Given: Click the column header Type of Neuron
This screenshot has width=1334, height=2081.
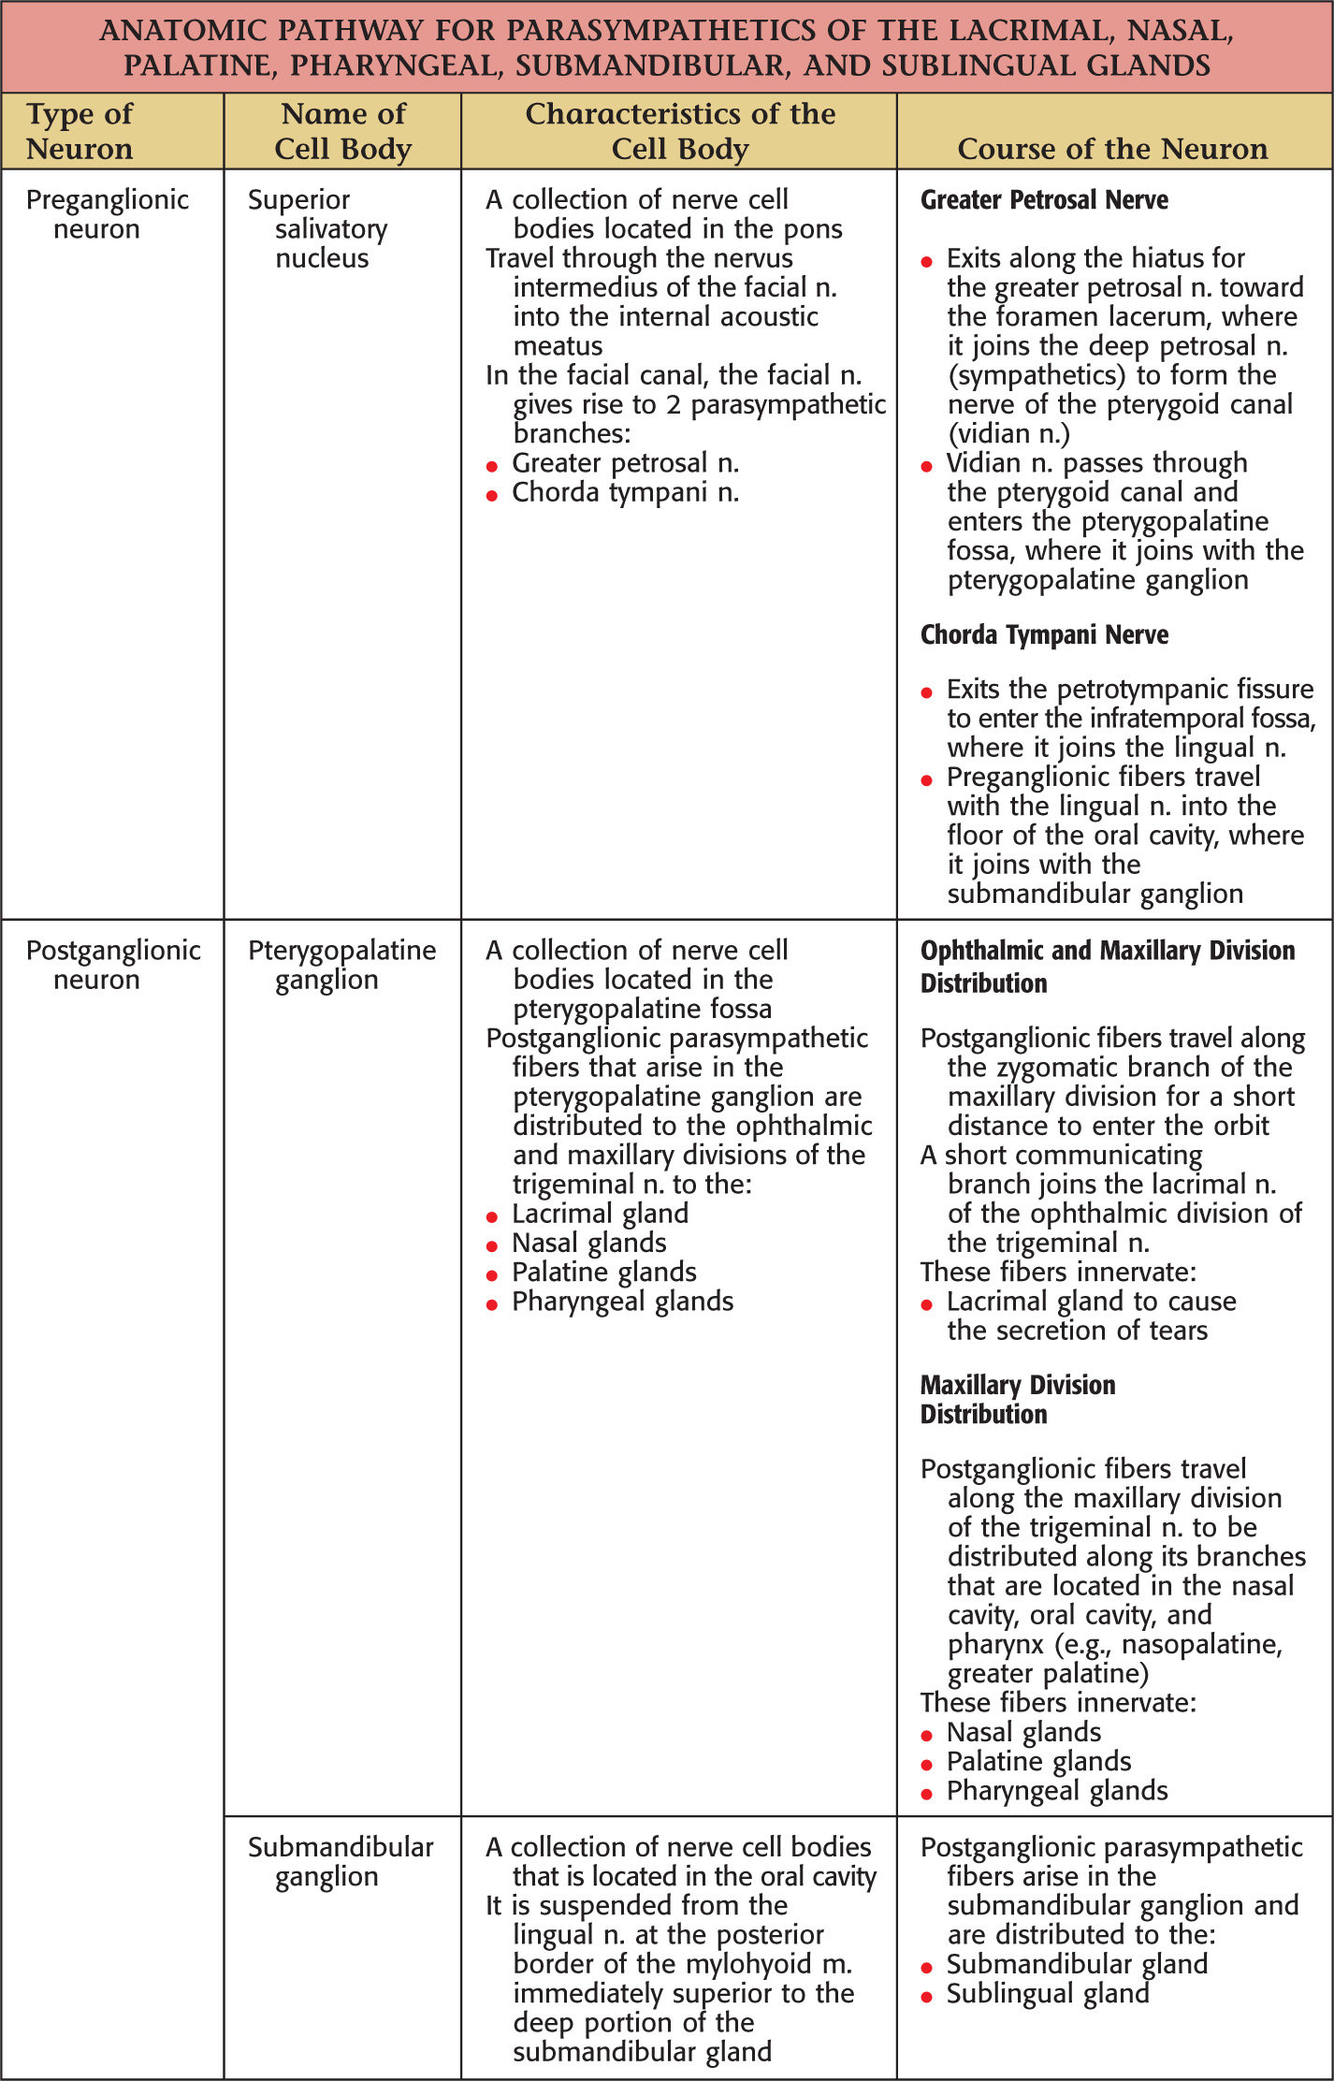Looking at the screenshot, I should tap(80, 131).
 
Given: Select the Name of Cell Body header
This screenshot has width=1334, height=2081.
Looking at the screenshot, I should tap(343, 131).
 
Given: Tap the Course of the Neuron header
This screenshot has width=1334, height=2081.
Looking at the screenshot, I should tap(1112, 148).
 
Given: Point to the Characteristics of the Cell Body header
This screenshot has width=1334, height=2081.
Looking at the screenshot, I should tap(680, 131).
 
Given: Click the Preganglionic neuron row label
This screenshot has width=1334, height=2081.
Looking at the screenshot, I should tap(107, 214).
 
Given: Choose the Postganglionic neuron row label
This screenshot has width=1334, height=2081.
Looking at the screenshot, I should tap(112, 965).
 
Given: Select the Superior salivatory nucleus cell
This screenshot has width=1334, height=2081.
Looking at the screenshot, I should tap(318, 228).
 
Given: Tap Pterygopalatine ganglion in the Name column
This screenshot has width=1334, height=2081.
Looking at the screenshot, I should tap(341, 965).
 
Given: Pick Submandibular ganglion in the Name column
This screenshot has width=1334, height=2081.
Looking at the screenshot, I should tap(340, 1861).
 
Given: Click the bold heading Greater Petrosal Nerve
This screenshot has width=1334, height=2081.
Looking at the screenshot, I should tap(1044, 200).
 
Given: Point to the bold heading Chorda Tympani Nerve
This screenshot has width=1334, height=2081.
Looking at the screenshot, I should tap(1044, 634).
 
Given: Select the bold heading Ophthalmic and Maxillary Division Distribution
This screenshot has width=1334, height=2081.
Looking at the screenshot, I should tap(1107, 967).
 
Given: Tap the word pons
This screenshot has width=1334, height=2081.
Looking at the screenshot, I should tap(814, 229).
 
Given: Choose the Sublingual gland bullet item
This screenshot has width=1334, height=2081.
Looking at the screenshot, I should tap(1048, 1993).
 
